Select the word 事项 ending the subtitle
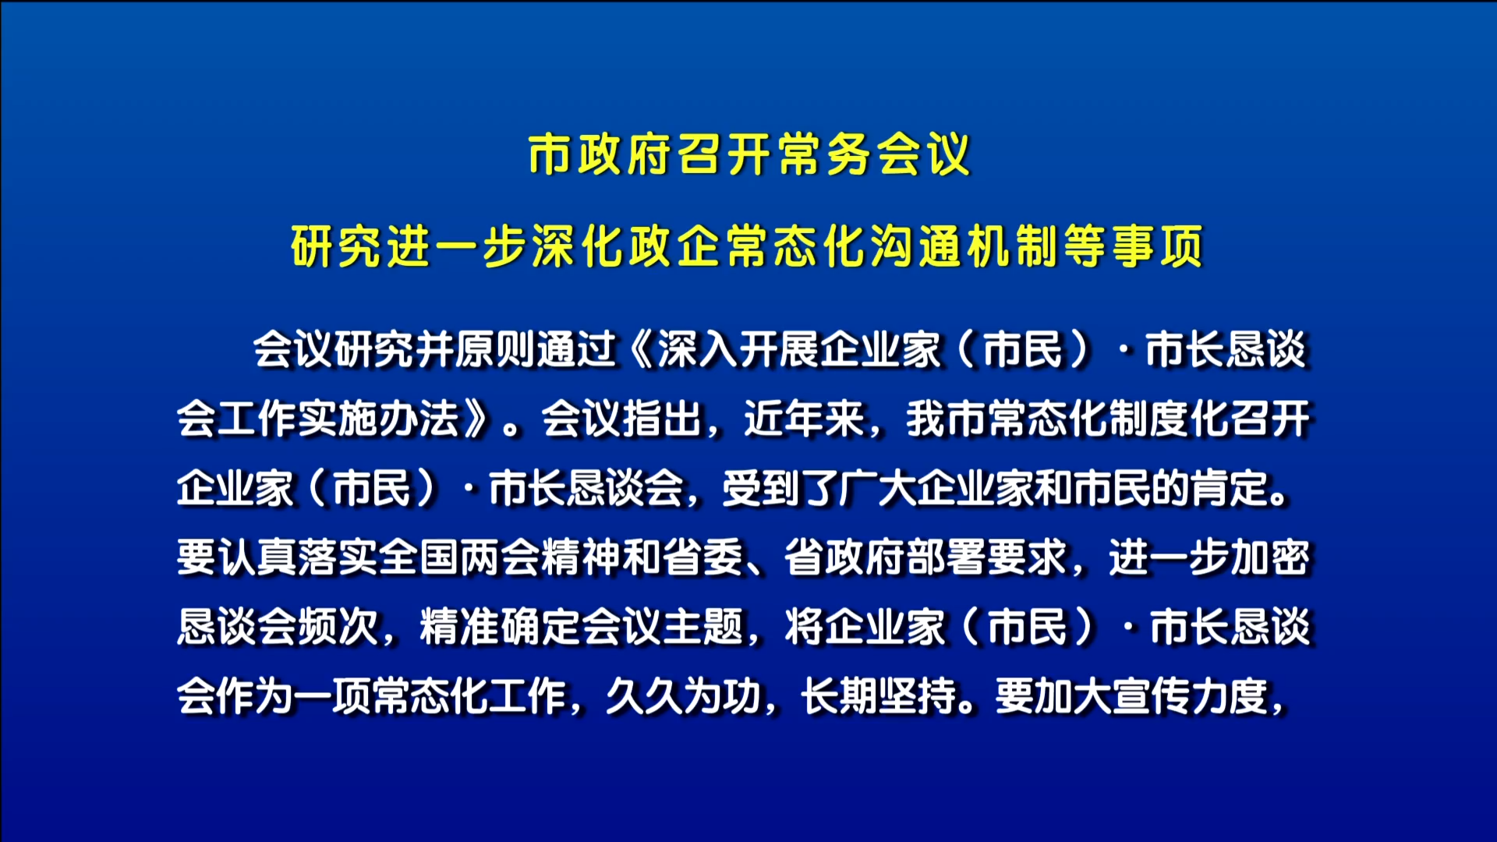pos(1157,246)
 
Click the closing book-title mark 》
pos(477,419)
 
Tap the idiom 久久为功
pos(684,697)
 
